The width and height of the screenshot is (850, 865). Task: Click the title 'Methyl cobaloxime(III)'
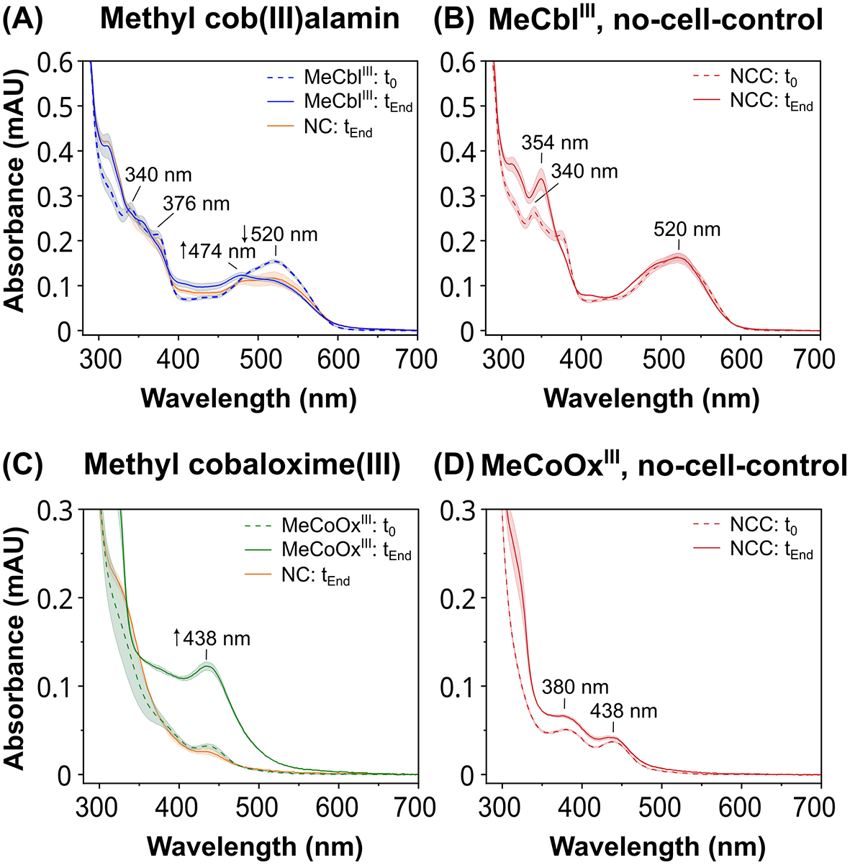(242, 465)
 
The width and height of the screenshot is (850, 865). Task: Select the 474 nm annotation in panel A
(217, 251)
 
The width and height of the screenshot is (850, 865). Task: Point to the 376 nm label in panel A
(196, 203)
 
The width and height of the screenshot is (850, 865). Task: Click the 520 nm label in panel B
(687, 229)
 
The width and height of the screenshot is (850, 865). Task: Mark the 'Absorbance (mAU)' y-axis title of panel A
(16, 196)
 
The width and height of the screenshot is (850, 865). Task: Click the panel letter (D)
(455, 465)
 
